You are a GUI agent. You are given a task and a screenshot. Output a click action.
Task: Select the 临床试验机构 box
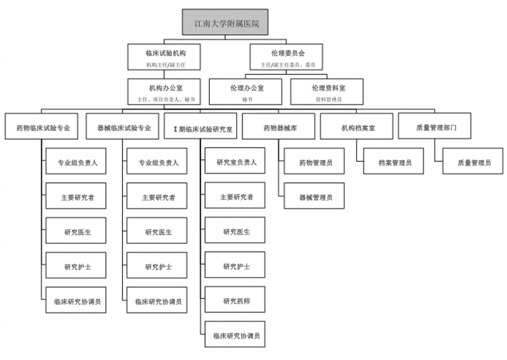point(166,56)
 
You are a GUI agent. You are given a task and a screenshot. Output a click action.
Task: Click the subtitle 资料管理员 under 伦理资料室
point(328,100)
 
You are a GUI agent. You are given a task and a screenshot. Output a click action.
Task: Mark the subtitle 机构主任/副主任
point(166,64)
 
